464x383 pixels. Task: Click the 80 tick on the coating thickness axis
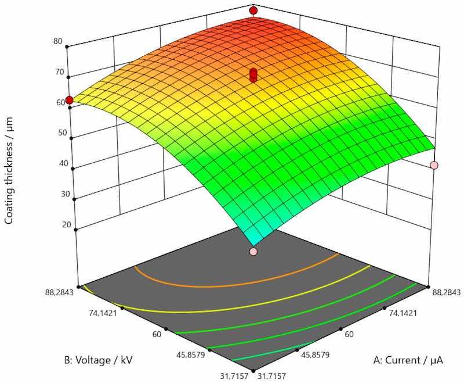[57, 42]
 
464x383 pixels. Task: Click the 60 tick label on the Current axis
[349, 334]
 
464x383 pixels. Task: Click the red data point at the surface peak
[253, 10]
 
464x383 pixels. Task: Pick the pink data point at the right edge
[434, 166]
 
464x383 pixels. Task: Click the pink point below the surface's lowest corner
[253, 252]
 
